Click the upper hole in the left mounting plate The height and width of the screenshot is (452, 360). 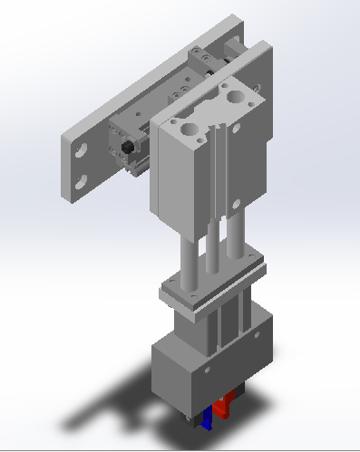(x=79, y=149)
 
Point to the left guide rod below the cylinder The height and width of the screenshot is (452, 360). (x=190, y=258)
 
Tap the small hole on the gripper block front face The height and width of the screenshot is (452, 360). (x=206, y=370)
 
